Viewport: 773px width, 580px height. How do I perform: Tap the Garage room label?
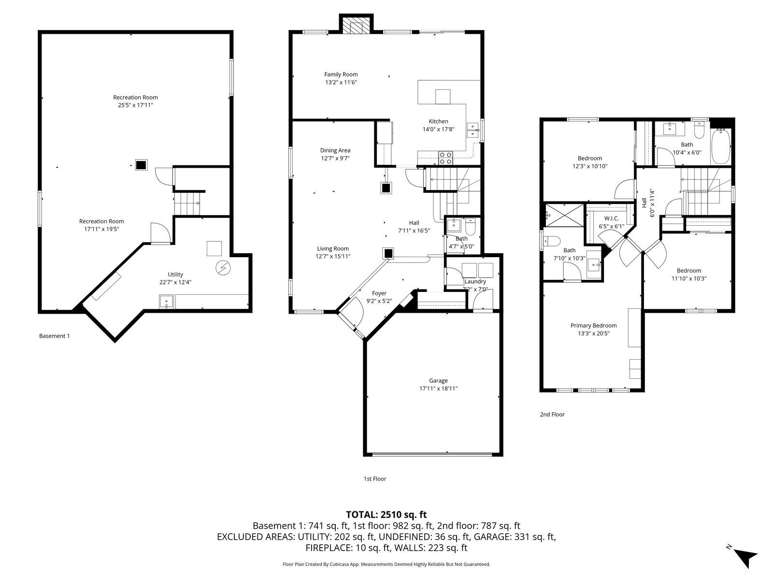[x=438, y=380]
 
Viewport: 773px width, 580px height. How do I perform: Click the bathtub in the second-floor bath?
[x=720, y=146]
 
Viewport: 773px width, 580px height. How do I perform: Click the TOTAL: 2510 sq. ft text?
[x=386, y=514]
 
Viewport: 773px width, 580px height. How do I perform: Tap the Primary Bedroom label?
[x=593, y=325]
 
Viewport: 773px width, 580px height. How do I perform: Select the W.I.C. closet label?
[x=611, y=218]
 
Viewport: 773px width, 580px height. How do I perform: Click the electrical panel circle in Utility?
[x=223, y=268]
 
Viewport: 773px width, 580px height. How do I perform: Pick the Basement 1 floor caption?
[x=54, y=336]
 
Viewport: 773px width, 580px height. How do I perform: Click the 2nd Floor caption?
[x=552, y=415]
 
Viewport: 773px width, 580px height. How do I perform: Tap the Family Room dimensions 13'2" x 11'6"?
[x=341, y=82]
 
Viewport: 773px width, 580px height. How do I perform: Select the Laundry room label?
[x=475, y=281]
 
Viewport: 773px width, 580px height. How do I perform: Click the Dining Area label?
[x=335, y=150]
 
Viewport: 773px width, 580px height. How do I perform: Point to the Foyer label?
[x=379, y=293]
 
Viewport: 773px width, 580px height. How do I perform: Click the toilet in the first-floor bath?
[x=471, y=226]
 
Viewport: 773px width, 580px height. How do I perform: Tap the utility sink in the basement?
[x=166, y=302]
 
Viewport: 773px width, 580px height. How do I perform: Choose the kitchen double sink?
[x=472, y=130]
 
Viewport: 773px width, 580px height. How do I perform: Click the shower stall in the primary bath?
[x=564, y=215]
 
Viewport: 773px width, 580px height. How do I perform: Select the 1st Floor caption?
[x=375, y=479]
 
